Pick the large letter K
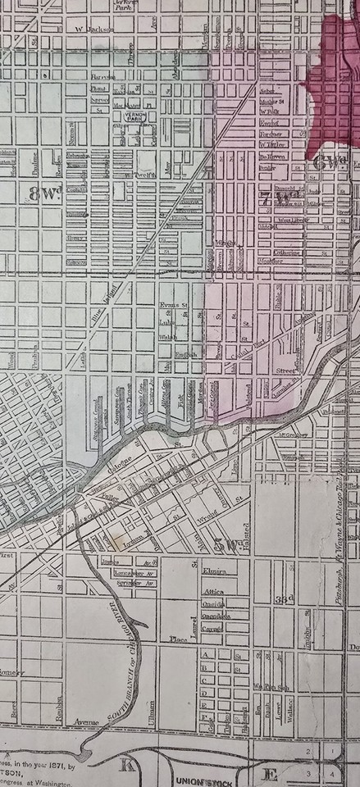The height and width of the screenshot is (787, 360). [127, 765]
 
